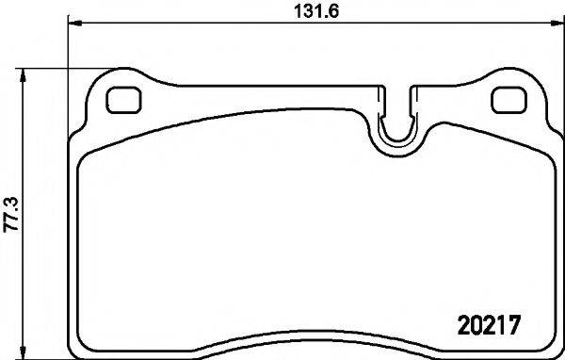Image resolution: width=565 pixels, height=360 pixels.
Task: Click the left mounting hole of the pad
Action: tap(121, 98)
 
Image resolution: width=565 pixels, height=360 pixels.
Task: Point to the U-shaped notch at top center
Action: tap(398, 127)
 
